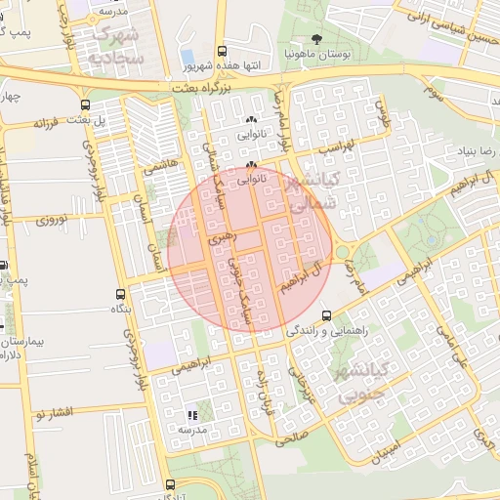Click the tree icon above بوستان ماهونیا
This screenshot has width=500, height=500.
[316, 39]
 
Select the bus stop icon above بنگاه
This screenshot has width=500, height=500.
[121, 294]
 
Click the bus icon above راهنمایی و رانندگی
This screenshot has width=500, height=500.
[325, 315]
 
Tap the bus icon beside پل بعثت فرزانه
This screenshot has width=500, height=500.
[87, 105]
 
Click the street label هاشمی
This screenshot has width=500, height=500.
[161, 167]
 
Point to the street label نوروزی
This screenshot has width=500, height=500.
[52, 220]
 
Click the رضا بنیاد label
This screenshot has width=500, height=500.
[477, 151]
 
